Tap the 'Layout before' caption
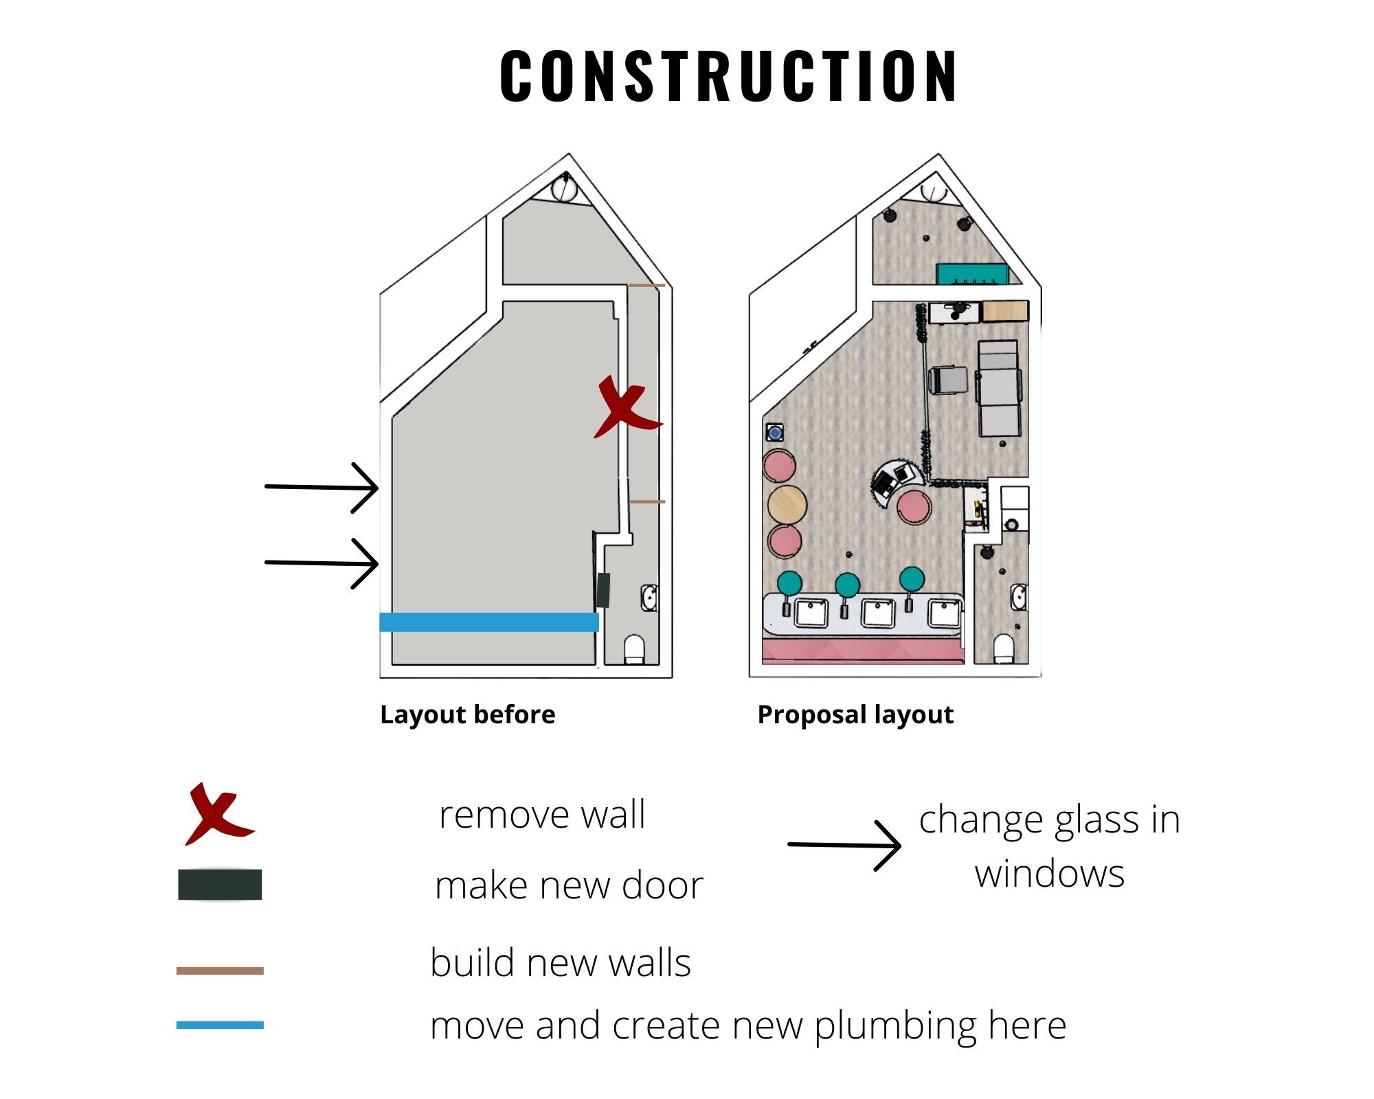click(467, 715)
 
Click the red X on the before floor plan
click(627, 407)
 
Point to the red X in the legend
click(218, 814)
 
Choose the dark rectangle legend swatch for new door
click(220, 885)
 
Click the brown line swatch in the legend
click(220, 971)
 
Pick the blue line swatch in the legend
click(220, 1025)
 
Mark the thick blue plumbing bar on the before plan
click(489, 622)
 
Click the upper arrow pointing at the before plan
click(322, 488)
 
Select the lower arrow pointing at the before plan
click(322, 563)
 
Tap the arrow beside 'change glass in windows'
click(844, 845)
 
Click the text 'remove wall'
click(542, 815)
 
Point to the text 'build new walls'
click(560, 962)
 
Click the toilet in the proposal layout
click(1004, 648)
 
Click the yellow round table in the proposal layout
click(787, 505)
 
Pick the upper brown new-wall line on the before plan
click(647, 285)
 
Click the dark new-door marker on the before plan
click(603, 589)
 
